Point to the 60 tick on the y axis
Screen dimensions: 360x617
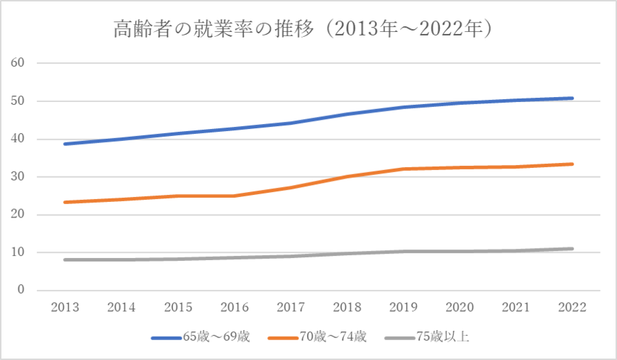(x=18, y=63)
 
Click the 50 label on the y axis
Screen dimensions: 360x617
(x=18, y=101)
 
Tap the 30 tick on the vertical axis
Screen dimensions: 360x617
(x=18, y=176)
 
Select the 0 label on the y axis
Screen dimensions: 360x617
(x=21, y=290)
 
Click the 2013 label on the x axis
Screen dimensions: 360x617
(x=65, y=307)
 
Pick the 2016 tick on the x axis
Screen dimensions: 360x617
(x=234, y=307)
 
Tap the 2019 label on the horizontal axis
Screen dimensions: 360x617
(x=403, y=307)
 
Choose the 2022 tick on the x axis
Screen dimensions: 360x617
(x=572, y=307)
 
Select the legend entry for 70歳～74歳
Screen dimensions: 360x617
(x=316, y=337)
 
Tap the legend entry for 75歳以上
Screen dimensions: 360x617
(x=424, y=337)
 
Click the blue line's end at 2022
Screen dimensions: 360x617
(x=572, y=99)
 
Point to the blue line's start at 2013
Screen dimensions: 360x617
(x=65, y=144)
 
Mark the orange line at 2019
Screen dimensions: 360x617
(x=403, y=169)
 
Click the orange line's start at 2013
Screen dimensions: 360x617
(x=65, y=202)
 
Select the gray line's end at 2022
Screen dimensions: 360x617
(x=572, y=249)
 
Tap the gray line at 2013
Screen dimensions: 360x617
(x=65, y=260)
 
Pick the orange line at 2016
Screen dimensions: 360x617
(x=234, y=196)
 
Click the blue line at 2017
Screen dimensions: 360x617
(x=290, y=123)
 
